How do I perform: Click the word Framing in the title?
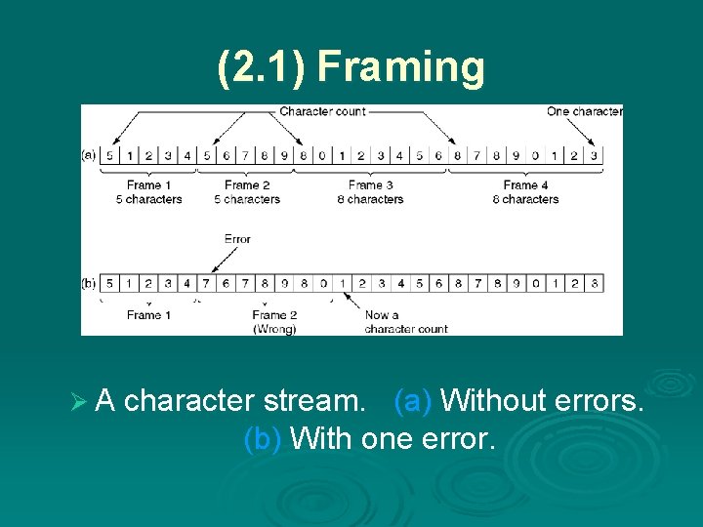[x=400, y=67]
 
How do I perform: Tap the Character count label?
[x=322, y=111]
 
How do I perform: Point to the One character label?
[x=584, y=111]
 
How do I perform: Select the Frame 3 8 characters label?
[x=375, y=191]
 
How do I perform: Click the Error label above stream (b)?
[x=237, y=238]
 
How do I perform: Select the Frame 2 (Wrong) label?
[x=274, y=321]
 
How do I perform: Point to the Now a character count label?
[x=405, y=321]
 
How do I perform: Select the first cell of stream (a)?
[x=109, y=154]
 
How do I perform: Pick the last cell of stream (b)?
[x=594, y=283]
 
